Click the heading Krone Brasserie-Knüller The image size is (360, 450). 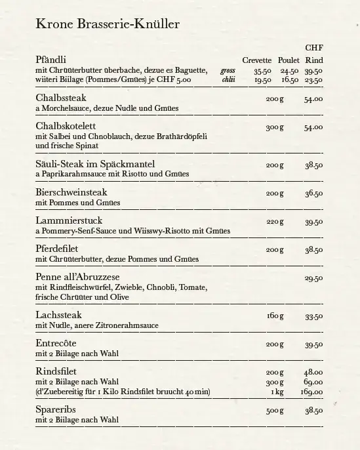point(108,25)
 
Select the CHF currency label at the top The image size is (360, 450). point(313,48)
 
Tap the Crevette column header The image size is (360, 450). point(256,60)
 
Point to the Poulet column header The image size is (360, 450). point(289,60)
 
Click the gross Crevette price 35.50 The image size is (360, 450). point(262,71)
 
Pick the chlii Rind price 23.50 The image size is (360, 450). point(313,80)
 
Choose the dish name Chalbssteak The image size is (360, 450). point(63,98)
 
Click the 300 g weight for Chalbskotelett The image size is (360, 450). point(275,127)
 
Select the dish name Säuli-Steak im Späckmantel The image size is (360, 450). point(95,164)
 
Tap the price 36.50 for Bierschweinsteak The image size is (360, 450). point(313,194)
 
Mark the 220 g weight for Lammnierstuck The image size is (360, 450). point(275,222)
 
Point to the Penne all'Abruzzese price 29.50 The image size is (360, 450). point(313,278)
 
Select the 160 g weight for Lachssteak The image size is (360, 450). point(275,316)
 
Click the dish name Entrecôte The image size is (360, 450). point(56,344)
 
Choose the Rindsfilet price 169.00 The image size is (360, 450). point(311,392)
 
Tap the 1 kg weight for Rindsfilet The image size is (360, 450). point(277,392)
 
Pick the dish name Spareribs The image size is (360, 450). point(58,410)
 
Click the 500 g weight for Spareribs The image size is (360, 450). point(275,411)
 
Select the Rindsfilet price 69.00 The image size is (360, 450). point(313,382)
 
